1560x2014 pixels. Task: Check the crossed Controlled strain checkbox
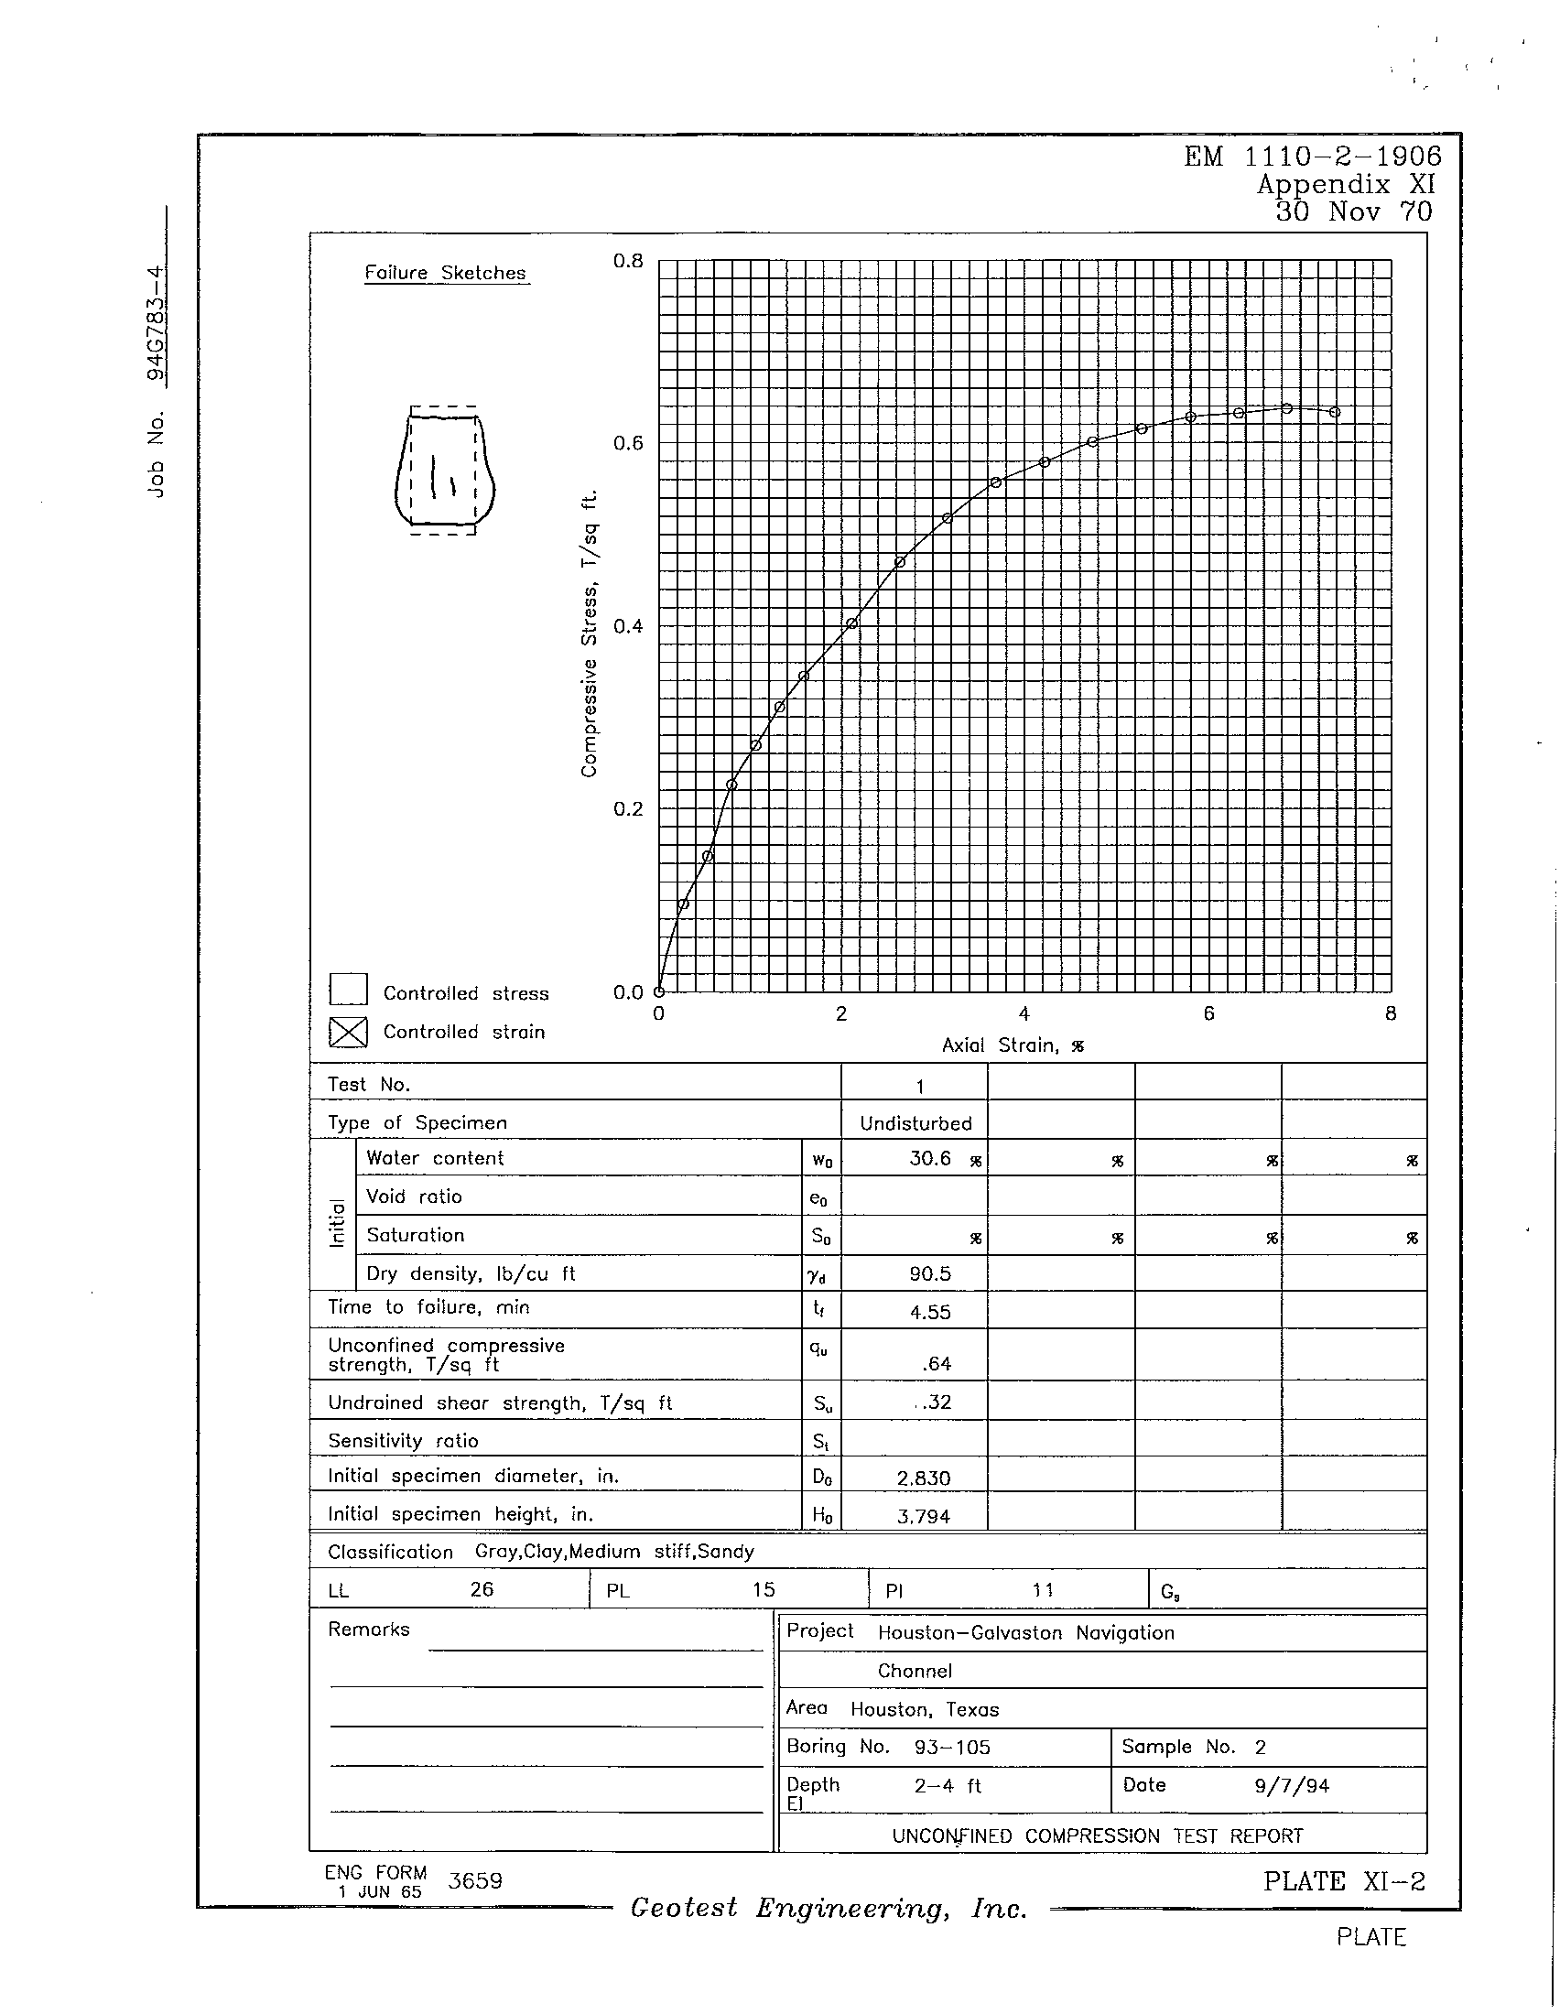click(348, 1032)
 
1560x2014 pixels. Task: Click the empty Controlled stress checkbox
click(348, 990)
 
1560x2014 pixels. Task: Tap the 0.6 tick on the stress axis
click(627, 444)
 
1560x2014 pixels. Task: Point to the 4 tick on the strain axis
click(1024, 1014)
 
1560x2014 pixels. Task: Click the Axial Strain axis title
click(1013, 1045)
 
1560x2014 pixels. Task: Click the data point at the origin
click(658, 992)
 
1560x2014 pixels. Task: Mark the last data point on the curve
click(1335, 412)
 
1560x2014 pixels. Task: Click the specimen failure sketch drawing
click(443, 471)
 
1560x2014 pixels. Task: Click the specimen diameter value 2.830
click(923, 1478)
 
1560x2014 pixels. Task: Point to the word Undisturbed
click(915, 1123)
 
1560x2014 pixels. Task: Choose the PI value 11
click(1043, 1590)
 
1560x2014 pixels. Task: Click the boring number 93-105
click(951, 1748)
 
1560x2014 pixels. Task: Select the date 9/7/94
click(1291, 1786)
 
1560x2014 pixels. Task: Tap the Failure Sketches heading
click(445, 273)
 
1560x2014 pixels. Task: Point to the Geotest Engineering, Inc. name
click(828, 1909)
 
